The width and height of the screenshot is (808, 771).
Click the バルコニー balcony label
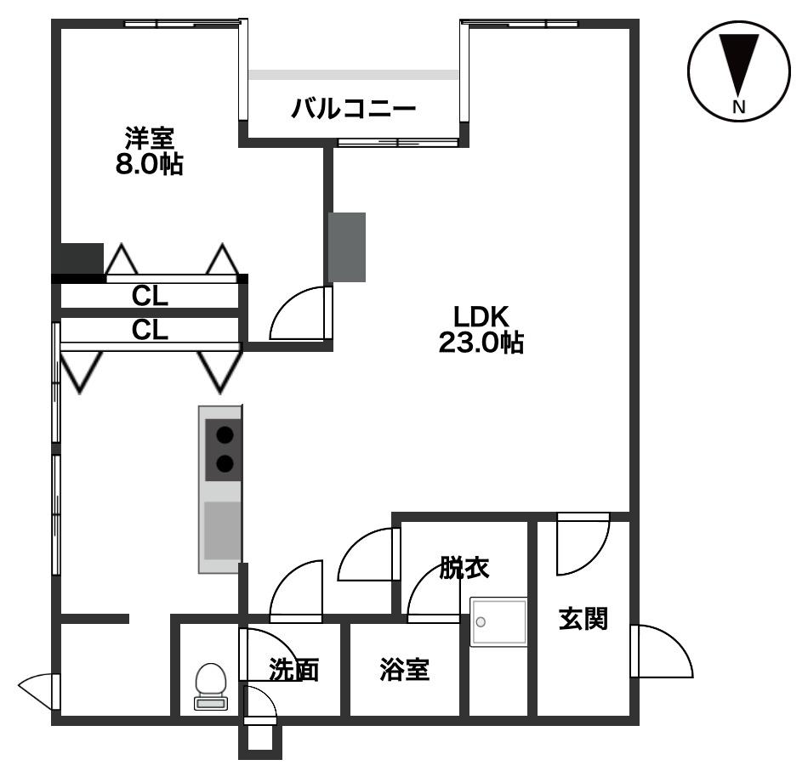(354, 108)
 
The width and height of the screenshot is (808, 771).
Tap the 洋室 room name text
(150, 138)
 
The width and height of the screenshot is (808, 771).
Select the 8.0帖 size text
(149, 164)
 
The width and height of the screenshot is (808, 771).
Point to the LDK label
(481, 317)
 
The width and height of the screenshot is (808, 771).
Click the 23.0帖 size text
(481, 343)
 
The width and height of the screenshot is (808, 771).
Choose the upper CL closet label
(150, 296)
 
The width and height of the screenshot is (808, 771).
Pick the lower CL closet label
(150, 330)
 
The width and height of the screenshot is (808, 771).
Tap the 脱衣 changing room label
(464, 568)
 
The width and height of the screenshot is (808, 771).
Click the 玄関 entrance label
(583, 619)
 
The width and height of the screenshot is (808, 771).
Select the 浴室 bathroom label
(405, 670)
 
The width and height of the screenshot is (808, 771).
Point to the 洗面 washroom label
(293, 670)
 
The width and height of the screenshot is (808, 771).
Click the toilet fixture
(211, 686)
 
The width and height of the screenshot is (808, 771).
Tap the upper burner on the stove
(225, 436)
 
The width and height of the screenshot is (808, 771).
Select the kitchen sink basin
(223, 530)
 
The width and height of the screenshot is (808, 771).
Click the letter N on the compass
(739, 106)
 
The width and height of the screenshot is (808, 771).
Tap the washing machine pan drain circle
(481, 622)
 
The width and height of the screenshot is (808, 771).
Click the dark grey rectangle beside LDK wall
(347, 247)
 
